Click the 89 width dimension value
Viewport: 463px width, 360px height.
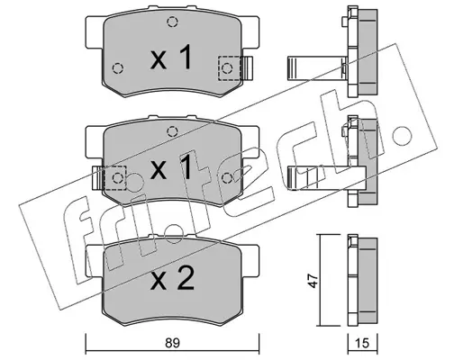(172, 343)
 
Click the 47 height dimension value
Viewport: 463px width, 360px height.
(313, 281)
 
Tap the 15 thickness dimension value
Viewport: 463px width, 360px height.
(362, 343)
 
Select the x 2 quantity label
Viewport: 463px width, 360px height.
(172, 279)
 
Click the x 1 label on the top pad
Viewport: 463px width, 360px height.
(171, 57)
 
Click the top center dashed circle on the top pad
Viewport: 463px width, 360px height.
(172, 22)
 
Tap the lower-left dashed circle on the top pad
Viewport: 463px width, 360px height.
(118, 68)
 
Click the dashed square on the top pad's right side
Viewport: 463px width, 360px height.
(230, 68)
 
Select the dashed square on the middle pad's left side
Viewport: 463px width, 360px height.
(114, 178)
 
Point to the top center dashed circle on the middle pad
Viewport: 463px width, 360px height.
(172, 131)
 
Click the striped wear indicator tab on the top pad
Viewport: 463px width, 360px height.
(248, 68)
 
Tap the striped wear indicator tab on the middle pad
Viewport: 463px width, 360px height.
(98, 178)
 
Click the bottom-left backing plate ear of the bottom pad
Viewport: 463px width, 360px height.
(95, 261)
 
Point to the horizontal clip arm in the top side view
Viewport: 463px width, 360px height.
(316, 68)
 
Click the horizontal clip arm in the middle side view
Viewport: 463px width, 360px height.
(326, 178)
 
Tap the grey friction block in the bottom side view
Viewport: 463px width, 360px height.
(368, 281)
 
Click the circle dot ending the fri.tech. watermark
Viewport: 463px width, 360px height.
(402, 135)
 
